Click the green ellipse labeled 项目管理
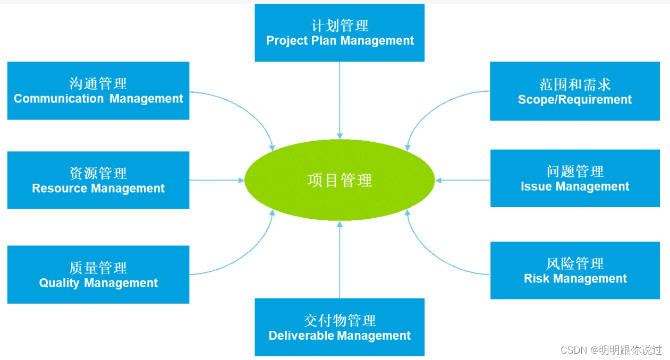340,181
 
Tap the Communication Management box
98,91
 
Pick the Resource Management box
98,180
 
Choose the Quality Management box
98,275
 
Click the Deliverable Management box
340,327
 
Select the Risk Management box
575,270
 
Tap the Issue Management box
575,178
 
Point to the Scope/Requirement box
575,91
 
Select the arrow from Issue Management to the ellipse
462,181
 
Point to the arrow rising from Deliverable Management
340,260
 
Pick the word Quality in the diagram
59,283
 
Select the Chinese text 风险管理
575,263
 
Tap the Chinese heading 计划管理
340,25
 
